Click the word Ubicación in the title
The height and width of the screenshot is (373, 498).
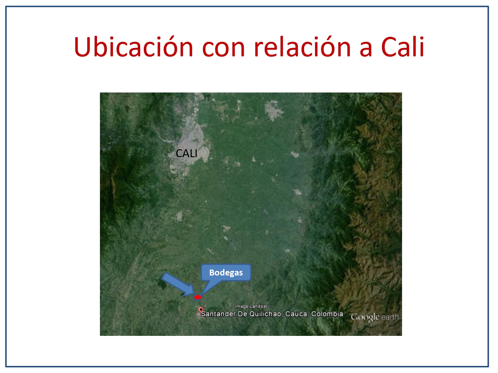pyautogui.click(x=133, y=47)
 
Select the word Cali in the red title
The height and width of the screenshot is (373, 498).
pyautogui.click(x=402, y=47)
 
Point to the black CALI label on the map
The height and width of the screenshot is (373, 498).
pyautogui.click(x=187, y=153)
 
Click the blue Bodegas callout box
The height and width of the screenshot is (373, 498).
pyautogui.click(x=226, y=273)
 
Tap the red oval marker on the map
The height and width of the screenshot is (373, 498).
pyautogui.click(x=198, y=297)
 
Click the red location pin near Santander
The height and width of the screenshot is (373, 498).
pyautogui.click(x=201, y=310)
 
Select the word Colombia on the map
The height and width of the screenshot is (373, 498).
pyautogui.click(x=327, y=314)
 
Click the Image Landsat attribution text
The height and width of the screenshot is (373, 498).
pyautogui.click(x=251, y=306)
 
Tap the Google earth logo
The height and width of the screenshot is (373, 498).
pyautogui.click(x=374, y=317)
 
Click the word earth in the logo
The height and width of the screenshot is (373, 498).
pyautogui.click(x=390, y=317)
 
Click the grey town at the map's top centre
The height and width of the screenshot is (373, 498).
pyautogui.click(x=273, y=110)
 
